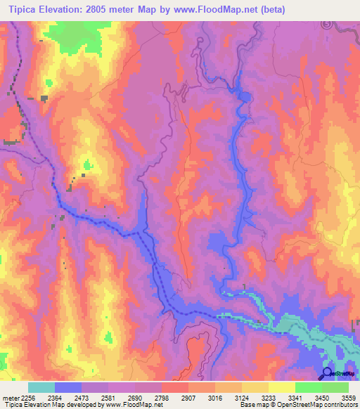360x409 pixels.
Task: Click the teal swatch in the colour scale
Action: pyautogui.click(x=41, y=387)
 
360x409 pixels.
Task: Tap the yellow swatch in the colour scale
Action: pyautogui.click(x=281, y=387)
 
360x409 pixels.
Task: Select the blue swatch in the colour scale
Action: pyautogui.click(x=68, y=387)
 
